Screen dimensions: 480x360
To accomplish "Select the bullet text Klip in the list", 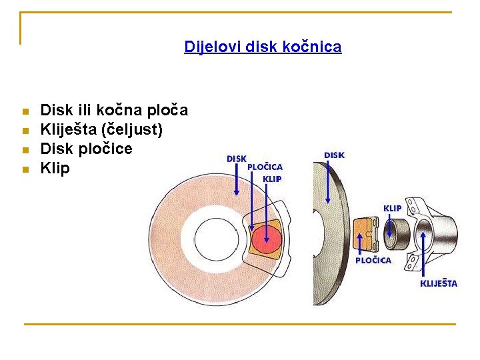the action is click(x=55, y=168).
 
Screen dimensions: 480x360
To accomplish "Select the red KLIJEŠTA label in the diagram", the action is click(x=438, y=283).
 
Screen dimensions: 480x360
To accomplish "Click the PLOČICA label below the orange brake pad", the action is click(x=373, y=260).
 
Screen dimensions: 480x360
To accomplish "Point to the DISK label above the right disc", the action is click(x=334, y=155).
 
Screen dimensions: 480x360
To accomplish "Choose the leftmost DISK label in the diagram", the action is click(x=237, y=159).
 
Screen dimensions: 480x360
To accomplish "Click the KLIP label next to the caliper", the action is click(x=392, y=208).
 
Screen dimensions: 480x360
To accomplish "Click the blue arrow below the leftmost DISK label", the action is click(x=237, y=179).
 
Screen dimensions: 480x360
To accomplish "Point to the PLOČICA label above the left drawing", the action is click(x=265, y=167).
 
